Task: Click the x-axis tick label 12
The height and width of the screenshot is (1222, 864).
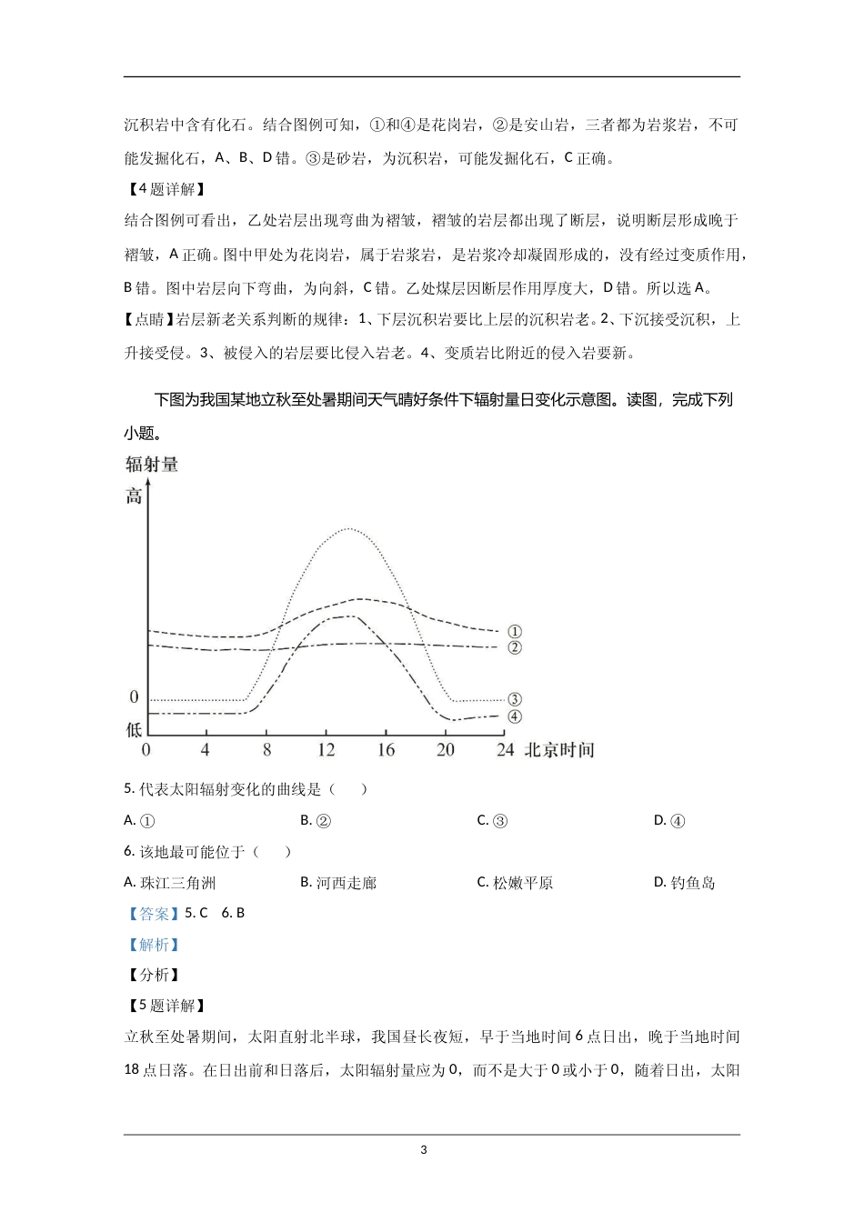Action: point(327,750)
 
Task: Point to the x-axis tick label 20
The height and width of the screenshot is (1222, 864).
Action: point(446,750)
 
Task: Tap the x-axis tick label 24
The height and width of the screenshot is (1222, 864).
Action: point(505,750)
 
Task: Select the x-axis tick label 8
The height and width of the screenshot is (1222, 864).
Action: point(266,750)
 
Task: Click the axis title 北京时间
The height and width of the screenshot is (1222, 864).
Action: point(559,750)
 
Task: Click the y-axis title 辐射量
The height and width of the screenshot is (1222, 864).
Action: point(152,465)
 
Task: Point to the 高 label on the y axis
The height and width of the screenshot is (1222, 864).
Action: point(135,496)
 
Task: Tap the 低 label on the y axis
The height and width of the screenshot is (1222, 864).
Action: point(134,729)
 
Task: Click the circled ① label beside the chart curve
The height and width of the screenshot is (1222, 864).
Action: point(515,632)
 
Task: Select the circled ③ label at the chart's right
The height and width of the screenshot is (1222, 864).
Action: point(515,699)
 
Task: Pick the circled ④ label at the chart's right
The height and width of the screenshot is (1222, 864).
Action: point(515,716)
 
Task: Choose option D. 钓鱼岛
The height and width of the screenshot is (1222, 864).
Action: point(685,883)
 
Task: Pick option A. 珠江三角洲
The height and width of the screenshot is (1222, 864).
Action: point(170,883)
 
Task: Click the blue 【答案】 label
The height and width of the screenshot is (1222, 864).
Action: point(153,914)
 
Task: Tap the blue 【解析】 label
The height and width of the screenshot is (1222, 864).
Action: point(153,945)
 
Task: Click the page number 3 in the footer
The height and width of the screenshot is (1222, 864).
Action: point(424,1150)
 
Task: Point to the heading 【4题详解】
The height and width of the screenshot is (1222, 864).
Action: point(165,189)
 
